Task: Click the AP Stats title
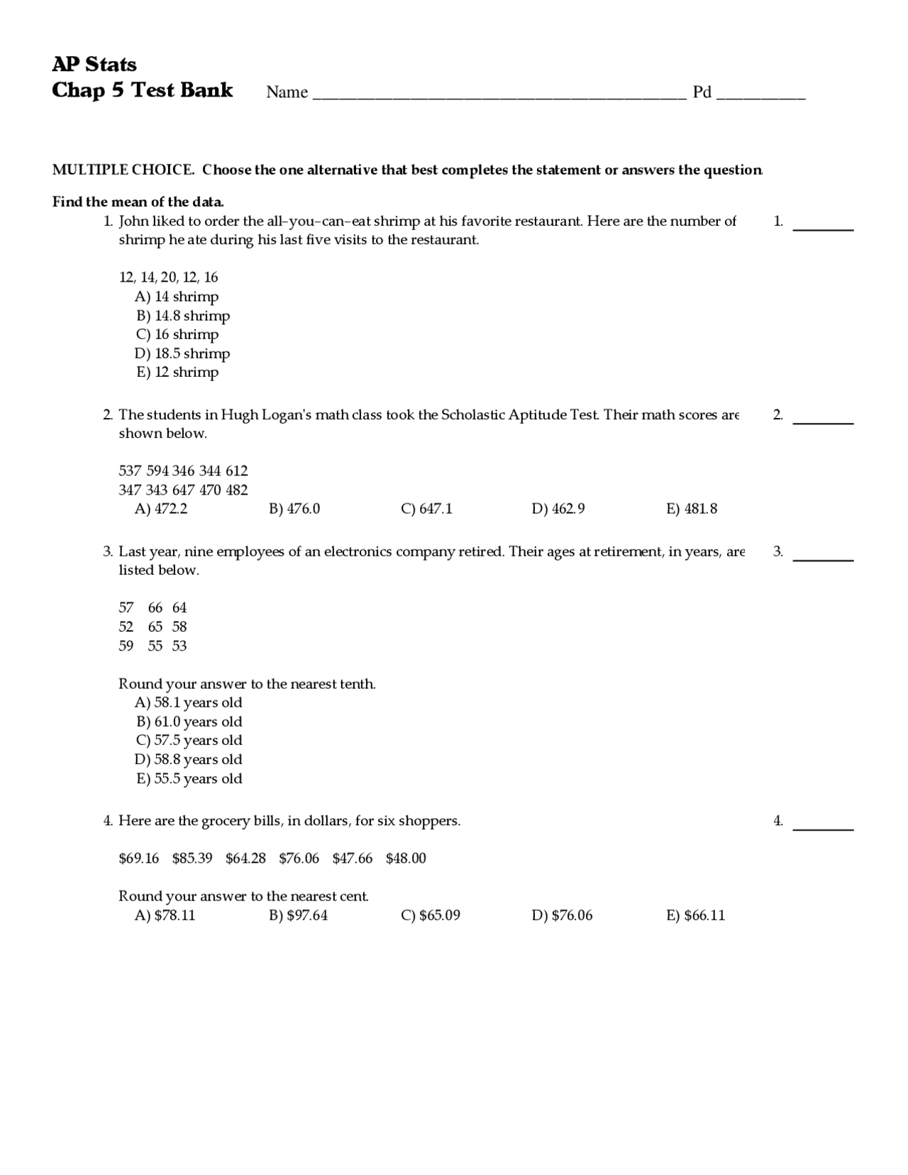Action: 94,65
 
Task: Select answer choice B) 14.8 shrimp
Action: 183,316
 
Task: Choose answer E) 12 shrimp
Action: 177,373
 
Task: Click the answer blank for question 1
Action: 823,228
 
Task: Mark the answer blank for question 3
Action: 823,559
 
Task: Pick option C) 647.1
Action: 426,509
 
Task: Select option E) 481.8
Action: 692,509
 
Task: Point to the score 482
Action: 236,490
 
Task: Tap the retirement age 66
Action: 155,608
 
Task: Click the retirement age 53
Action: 179,646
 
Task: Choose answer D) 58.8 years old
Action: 189,760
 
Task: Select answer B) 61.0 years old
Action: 189,722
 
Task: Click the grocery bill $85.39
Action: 192,859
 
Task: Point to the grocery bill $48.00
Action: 406,859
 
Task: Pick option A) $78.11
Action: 165,915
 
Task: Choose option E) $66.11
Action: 696,915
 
